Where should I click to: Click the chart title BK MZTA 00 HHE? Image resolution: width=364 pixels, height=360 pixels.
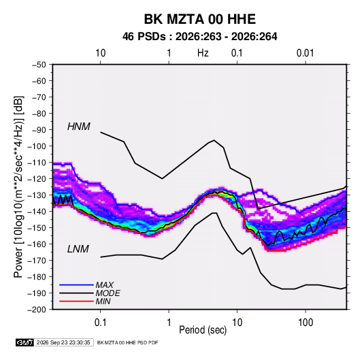(200, 19)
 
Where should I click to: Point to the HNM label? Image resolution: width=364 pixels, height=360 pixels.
(79, 127)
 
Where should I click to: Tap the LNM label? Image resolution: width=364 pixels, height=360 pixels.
(78, 249)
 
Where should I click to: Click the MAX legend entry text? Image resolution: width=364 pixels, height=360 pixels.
(105, 285)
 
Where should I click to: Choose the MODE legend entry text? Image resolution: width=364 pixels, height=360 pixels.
(108, 293)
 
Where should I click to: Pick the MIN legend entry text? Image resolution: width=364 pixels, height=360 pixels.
(103, 301)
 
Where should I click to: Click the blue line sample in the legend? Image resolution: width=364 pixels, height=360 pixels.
(76, 285)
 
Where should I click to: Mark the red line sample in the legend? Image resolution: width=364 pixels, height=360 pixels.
(76, 301)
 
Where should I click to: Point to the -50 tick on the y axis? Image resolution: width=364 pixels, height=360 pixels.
(39, 65)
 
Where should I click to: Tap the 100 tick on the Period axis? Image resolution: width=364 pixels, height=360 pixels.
(305, 323)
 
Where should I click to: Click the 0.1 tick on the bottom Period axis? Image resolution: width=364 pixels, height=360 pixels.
(100, 323)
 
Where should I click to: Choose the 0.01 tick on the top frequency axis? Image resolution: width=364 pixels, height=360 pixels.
(305, 53)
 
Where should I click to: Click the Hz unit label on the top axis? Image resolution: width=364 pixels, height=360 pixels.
(203, 53)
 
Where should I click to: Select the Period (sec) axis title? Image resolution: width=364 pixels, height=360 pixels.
(203, 330)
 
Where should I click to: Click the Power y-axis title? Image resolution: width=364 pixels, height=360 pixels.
(18, 186)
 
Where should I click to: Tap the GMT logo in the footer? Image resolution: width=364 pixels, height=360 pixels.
(25, 342)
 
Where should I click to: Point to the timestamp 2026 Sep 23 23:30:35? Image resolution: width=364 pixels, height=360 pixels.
(63, 342)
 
